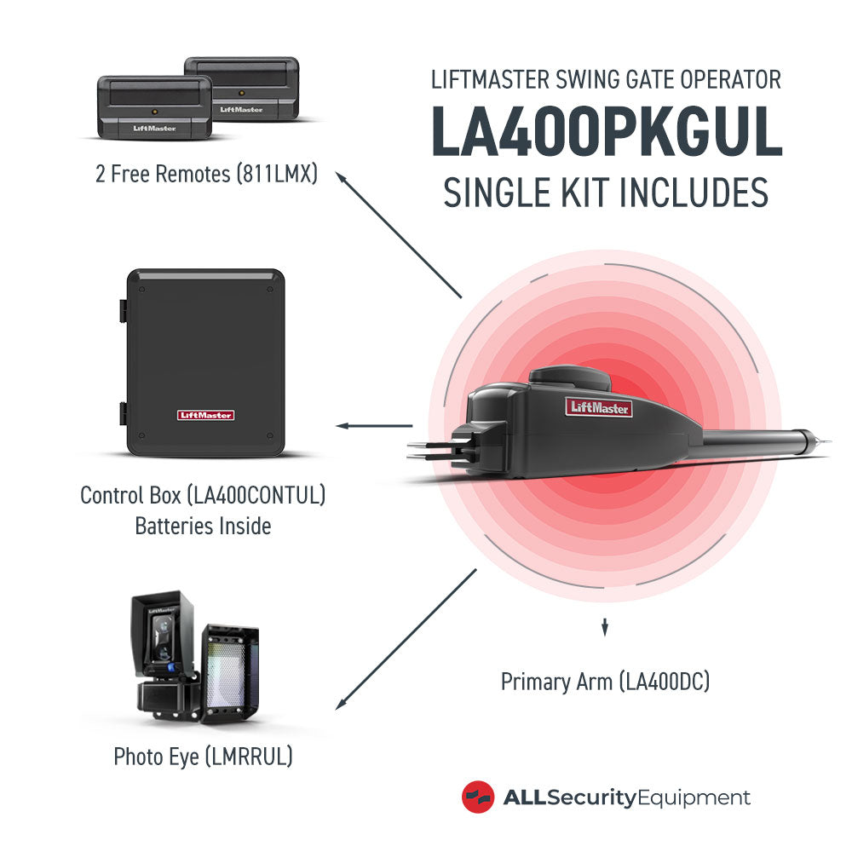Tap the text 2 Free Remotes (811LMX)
coord(206,175)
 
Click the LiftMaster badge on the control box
coord(205,415)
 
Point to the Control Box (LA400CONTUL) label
coord(203,495)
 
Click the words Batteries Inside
coord(203,526)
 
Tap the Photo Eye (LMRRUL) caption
coord(203,756)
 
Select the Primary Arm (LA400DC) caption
coord(605,682)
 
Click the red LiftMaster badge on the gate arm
coord(599,407)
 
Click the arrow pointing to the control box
coord(375,425)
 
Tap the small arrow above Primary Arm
coord(605,628)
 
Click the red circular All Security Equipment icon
coord(478,797)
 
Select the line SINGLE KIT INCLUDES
coord(606,194)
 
